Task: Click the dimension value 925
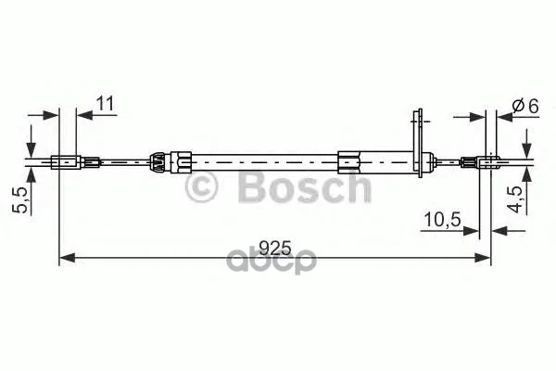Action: click(275, 248)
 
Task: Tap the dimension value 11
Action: click(106, 104)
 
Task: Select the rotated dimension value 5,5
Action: click(20, 200)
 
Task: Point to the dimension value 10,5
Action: click(442, 220)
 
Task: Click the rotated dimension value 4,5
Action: click(517, 199)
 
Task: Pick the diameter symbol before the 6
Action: click(519, 106)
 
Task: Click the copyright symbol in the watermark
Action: click(201, 186)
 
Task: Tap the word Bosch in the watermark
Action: click(305, 185)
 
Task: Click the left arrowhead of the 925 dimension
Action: click(67, 258)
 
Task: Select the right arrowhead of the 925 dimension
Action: click(483, 258)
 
